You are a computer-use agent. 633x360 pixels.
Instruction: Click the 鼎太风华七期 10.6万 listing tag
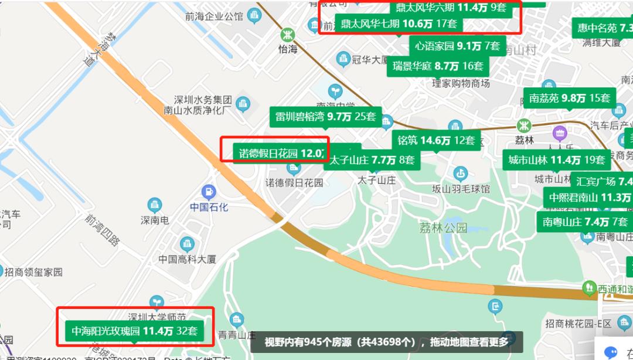tap(398, 24)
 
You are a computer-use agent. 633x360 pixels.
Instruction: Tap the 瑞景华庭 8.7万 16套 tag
tap(438, 66)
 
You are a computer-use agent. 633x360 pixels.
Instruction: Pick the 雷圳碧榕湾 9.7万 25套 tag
tap(326, 116)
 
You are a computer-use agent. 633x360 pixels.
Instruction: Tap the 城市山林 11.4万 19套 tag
tap(556, 159)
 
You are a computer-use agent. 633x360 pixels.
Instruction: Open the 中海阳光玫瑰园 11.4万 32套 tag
tap(134, 331)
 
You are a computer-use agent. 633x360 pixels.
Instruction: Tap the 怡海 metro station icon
tap(288, 35)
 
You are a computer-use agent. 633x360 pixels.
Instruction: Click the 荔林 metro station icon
tap(524, 125)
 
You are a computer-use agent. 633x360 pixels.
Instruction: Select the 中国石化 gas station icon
tap(208, 191)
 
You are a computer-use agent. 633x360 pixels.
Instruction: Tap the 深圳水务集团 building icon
tap(242, 104)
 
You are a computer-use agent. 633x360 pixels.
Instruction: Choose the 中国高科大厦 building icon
tap(187, 243)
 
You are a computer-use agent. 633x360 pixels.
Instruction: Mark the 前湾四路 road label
tap(102, 230)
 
